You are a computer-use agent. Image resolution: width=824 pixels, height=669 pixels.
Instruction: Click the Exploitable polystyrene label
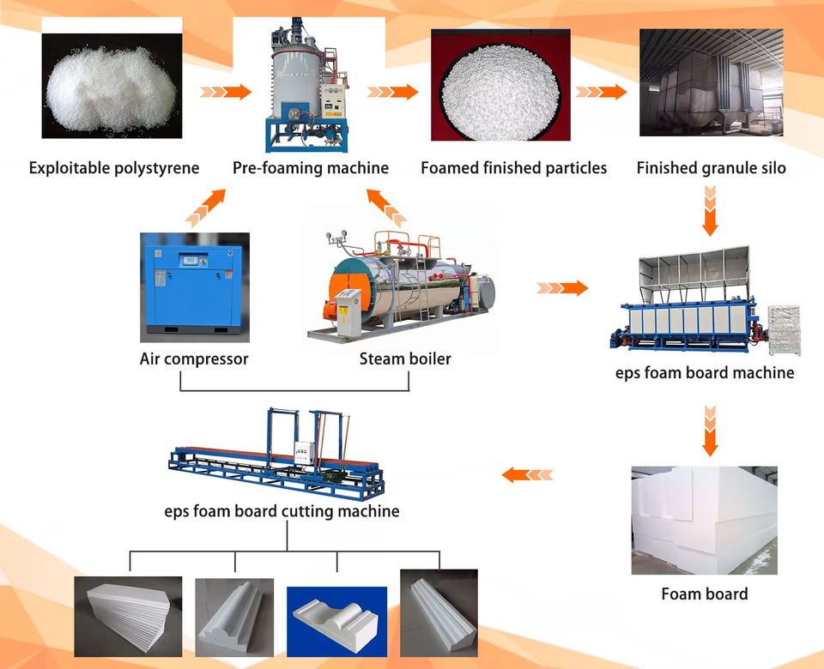pos(114,168)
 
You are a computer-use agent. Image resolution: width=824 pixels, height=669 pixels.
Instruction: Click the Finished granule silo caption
pos(711,168)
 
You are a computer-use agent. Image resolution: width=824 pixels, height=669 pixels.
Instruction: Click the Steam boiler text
pos(405,359)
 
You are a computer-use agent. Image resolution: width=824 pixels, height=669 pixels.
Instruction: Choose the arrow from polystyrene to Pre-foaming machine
pos(226,91)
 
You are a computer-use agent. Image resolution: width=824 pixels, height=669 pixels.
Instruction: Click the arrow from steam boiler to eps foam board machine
pos(562,288)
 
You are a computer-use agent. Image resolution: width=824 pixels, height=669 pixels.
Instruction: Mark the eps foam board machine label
pos(705,373)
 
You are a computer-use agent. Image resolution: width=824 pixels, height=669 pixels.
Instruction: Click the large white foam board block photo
pos(704,520)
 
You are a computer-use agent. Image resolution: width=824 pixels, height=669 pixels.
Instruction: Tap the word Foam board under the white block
pos(704,594)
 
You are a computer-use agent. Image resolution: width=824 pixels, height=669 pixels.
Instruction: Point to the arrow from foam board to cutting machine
pos(527,473)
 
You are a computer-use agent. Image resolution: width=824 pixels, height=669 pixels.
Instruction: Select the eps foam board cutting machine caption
pos(282,511)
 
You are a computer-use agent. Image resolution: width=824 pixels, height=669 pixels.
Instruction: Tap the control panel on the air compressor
pos(191,260)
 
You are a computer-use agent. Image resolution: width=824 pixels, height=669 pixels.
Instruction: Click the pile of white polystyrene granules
pos(112,86)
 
